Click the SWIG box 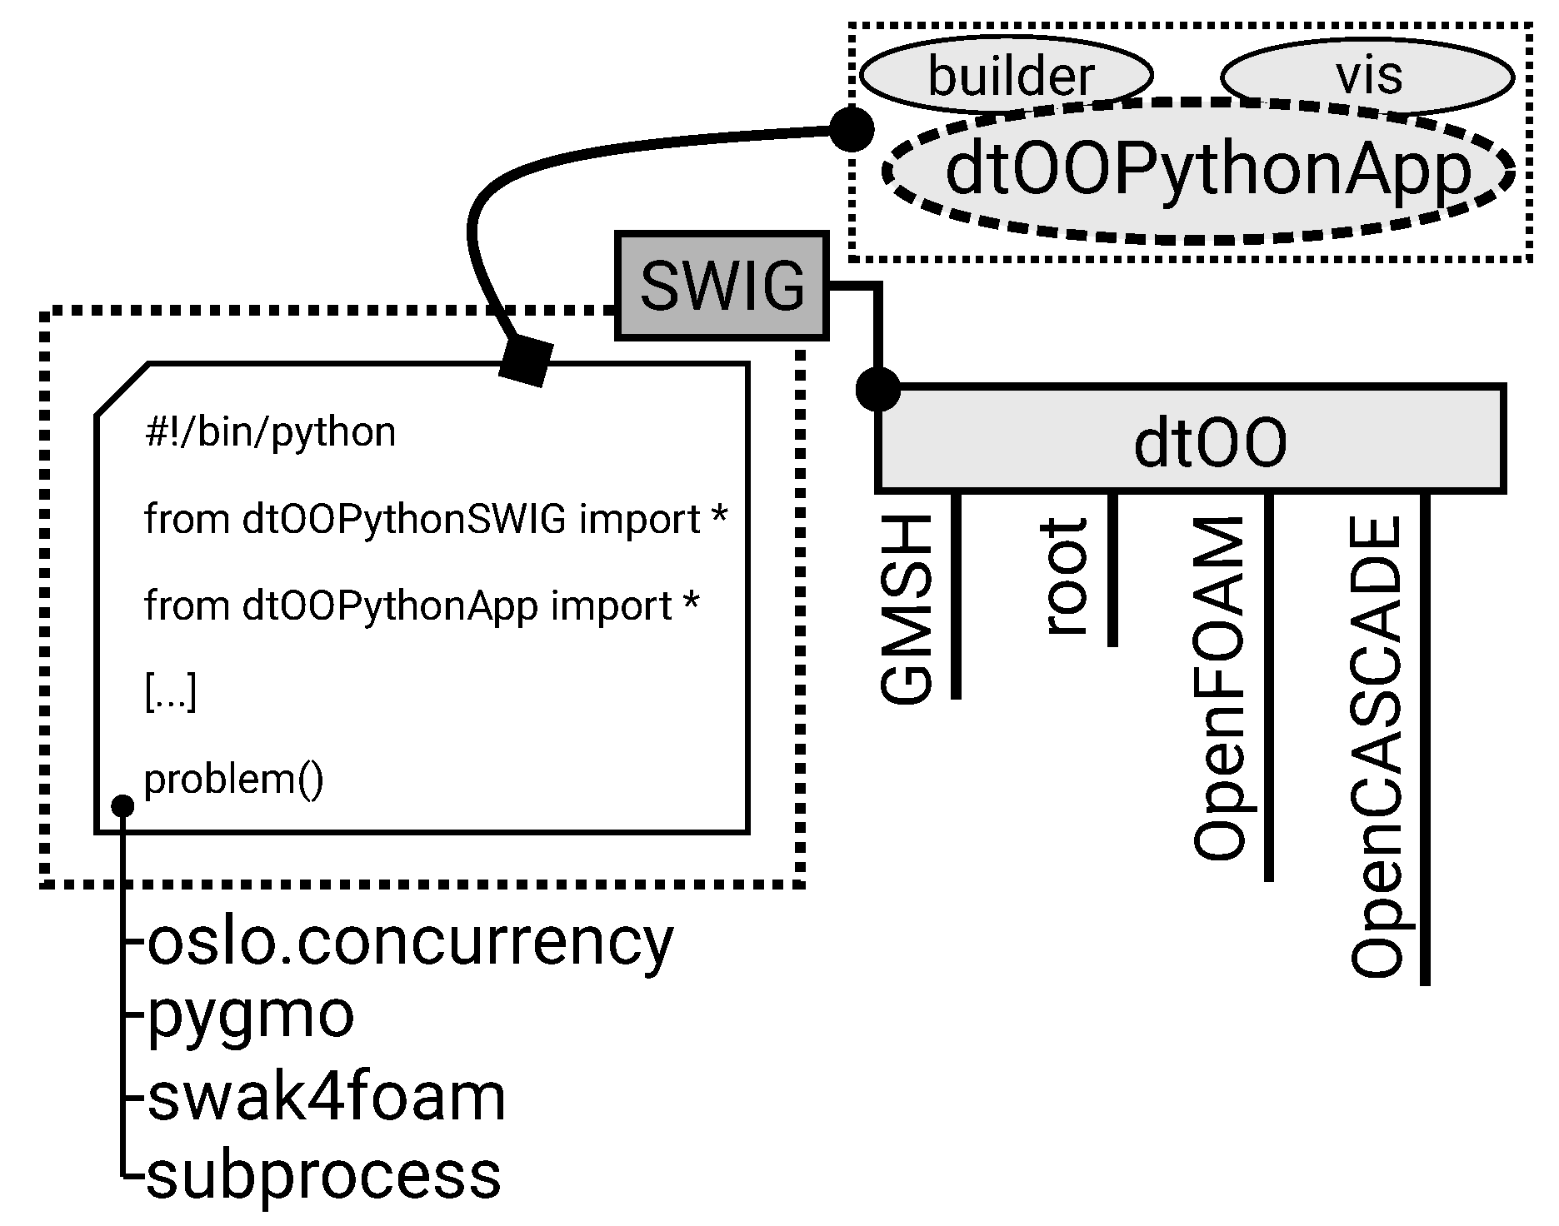(722, 287)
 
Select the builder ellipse (1007, 76)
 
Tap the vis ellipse (1367, 76)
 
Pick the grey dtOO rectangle (1192, 440)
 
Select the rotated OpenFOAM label (1220, 688)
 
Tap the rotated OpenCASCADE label (1376, 747)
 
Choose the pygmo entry (250, 1015)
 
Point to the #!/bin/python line (270, 432)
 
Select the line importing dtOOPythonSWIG (435, 519)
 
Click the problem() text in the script (234, 780)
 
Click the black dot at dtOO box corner (878, 389)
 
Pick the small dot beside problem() (122, 805)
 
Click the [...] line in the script (171, 693)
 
